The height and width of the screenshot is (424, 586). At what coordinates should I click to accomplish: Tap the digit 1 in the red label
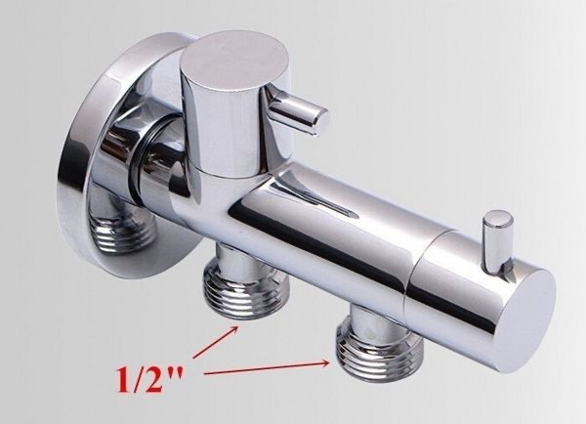pyautogui.click(x=124, y=378)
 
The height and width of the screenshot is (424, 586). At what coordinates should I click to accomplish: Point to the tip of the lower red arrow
pyautogui.click(x=329, y=362)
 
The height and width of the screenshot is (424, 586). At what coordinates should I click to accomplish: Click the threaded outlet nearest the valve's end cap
pyautogui.click(x=380, y=349)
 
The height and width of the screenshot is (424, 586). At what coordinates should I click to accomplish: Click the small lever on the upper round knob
pyautogui.click(x=299, y=112)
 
